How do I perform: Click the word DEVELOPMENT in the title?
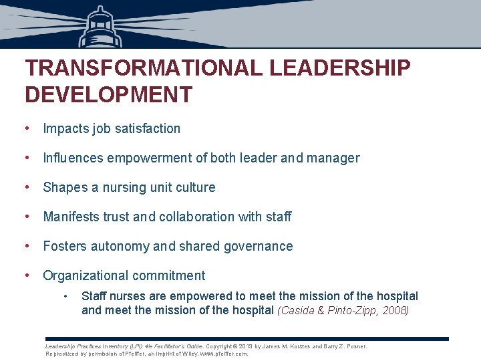tap(108, 94)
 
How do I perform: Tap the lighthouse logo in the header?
tap(100, 25)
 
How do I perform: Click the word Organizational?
tap(87, 275)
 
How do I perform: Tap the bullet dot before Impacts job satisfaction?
tap(25, 128)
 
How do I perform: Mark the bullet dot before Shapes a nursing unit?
tap(25, 188)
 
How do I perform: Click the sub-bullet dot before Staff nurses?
tap(65, 296)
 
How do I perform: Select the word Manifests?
tap(73, 217)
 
